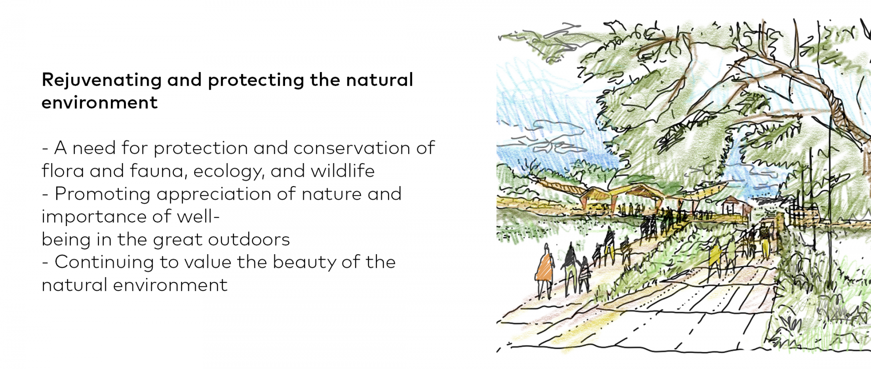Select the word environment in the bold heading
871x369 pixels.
click(x=99, y=103)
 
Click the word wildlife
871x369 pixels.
click(x=343, y=171)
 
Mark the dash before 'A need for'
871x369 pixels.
click(x=45, y=149)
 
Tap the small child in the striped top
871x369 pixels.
click(x=584, y=275)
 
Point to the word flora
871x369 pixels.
click(x=63, y=171)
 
